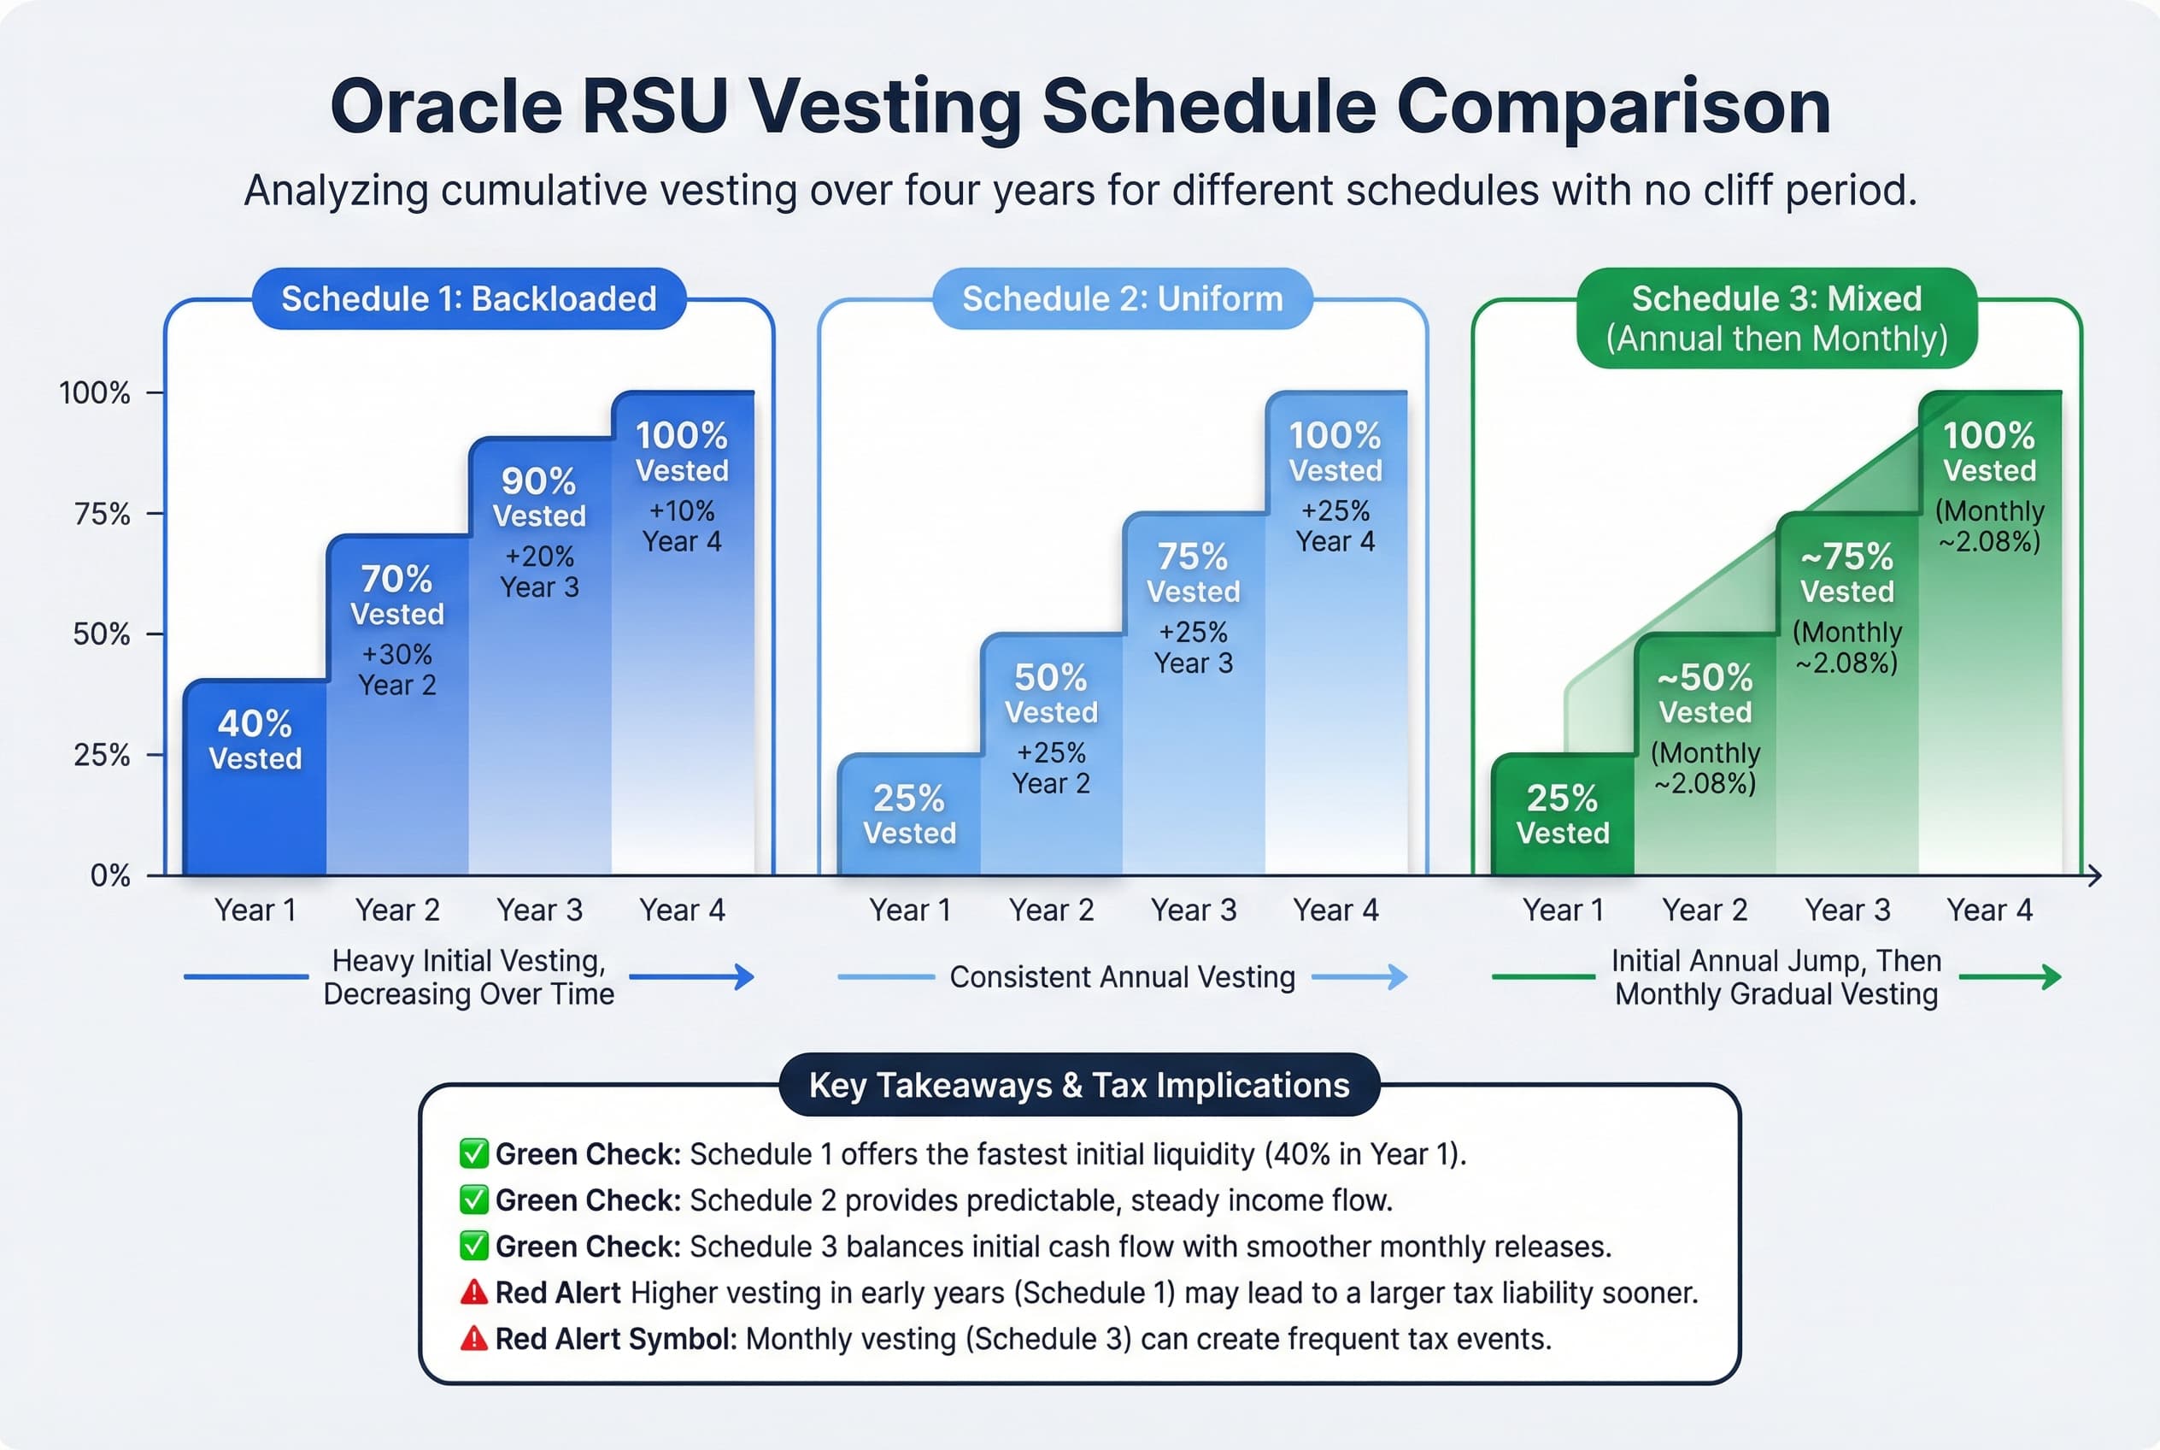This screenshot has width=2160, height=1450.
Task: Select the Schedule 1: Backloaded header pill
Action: coord(468,298)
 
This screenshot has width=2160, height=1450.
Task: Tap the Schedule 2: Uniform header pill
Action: coord(1122,298)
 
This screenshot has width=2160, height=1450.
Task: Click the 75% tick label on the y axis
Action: coord(102,514)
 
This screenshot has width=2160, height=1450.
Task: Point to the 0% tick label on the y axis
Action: coord(110,875)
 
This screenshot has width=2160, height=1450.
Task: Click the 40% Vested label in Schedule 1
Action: coord(255,740)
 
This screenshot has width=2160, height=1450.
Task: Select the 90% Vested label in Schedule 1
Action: coord(539,497)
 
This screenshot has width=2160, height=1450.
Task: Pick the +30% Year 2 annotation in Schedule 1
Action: coord(396,669)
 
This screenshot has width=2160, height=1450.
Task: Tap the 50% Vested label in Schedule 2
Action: coord(1051,693)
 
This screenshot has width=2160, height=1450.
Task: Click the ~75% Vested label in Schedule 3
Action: coord(1846,573)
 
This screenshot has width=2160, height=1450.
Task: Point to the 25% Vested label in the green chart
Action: coord(1562,815)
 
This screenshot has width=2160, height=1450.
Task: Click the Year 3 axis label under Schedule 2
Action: coord(1194,911)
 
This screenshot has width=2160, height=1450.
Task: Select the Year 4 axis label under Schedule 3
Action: coord(1989,911)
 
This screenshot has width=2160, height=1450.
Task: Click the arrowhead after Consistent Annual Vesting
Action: coord(1395,976)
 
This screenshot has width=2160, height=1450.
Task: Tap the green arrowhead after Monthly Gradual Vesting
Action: coord(2051,976)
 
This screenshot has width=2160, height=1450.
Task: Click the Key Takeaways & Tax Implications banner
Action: coord(1078,1085)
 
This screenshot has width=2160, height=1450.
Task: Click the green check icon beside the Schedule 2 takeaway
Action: coord(473,1200)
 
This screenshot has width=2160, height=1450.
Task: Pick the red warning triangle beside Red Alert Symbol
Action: coord(473,1338)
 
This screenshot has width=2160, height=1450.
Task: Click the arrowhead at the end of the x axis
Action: coord(2094,875)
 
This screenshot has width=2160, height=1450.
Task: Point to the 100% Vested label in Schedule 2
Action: coord(1335,451)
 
